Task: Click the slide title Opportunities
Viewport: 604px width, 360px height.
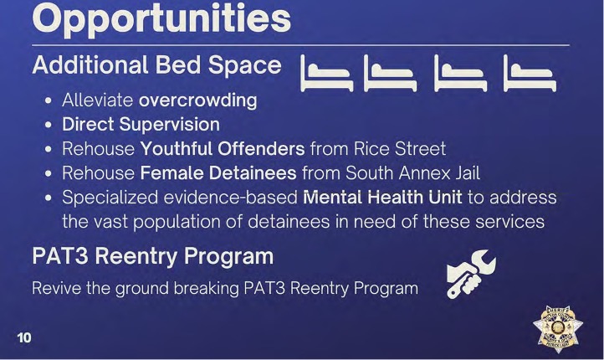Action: pyautogui.click(x=161, y=19)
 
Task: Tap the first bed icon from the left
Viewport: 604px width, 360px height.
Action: pyautogui.click(x=326, y=74)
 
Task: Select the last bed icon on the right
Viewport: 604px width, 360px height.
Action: pyautogui.click(x=530, y=74)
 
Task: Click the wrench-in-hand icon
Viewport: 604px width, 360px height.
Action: pyautogui.click(x=471, y=274)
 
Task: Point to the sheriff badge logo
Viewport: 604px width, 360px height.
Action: pyautogui.click(x=558, y=328)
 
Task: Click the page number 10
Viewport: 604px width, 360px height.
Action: pyautogui.click(x=24, y=337)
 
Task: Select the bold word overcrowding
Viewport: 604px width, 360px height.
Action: pyautogui.click(x=198, y=100)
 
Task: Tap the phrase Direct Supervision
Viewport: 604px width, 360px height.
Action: pyautogui.click(x=141, y=125)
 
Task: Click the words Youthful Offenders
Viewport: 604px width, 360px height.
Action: pyautogui.click(x=223, y=149)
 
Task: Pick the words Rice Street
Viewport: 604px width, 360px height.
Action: pyautogui.click(x=400, y=149)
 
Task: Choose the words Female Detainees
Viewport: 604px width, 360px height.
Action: pyautogui.click(x=218, y=173)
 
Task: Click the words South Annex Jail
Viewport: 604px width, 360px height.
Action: pyautogui.click(x=413, y=173)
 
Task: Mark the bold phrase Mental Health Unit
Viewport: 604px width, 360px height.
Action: pyautogui.click(x=382, y=198)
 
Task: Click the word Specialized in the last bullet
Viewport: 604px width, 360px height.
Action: pyautogui.click(x=110, y=198)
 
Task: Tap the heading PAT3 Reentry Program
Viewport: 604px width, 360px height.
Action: pyautogui.click(x=153, y=256)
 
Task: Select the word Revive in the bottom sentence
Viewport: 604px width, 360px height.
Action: pyautogui.click(x=57, y=288)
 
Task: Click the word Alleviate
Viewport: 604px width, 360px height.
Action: pyautogui.click(x=97, y=100)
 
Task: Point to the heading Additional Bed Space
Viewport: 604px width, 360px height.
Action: pyautogui.click(x=157, y=65)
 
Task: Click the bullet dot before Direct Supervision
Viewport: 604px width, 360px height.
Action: pyautogui.click(x=49, y=125)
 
